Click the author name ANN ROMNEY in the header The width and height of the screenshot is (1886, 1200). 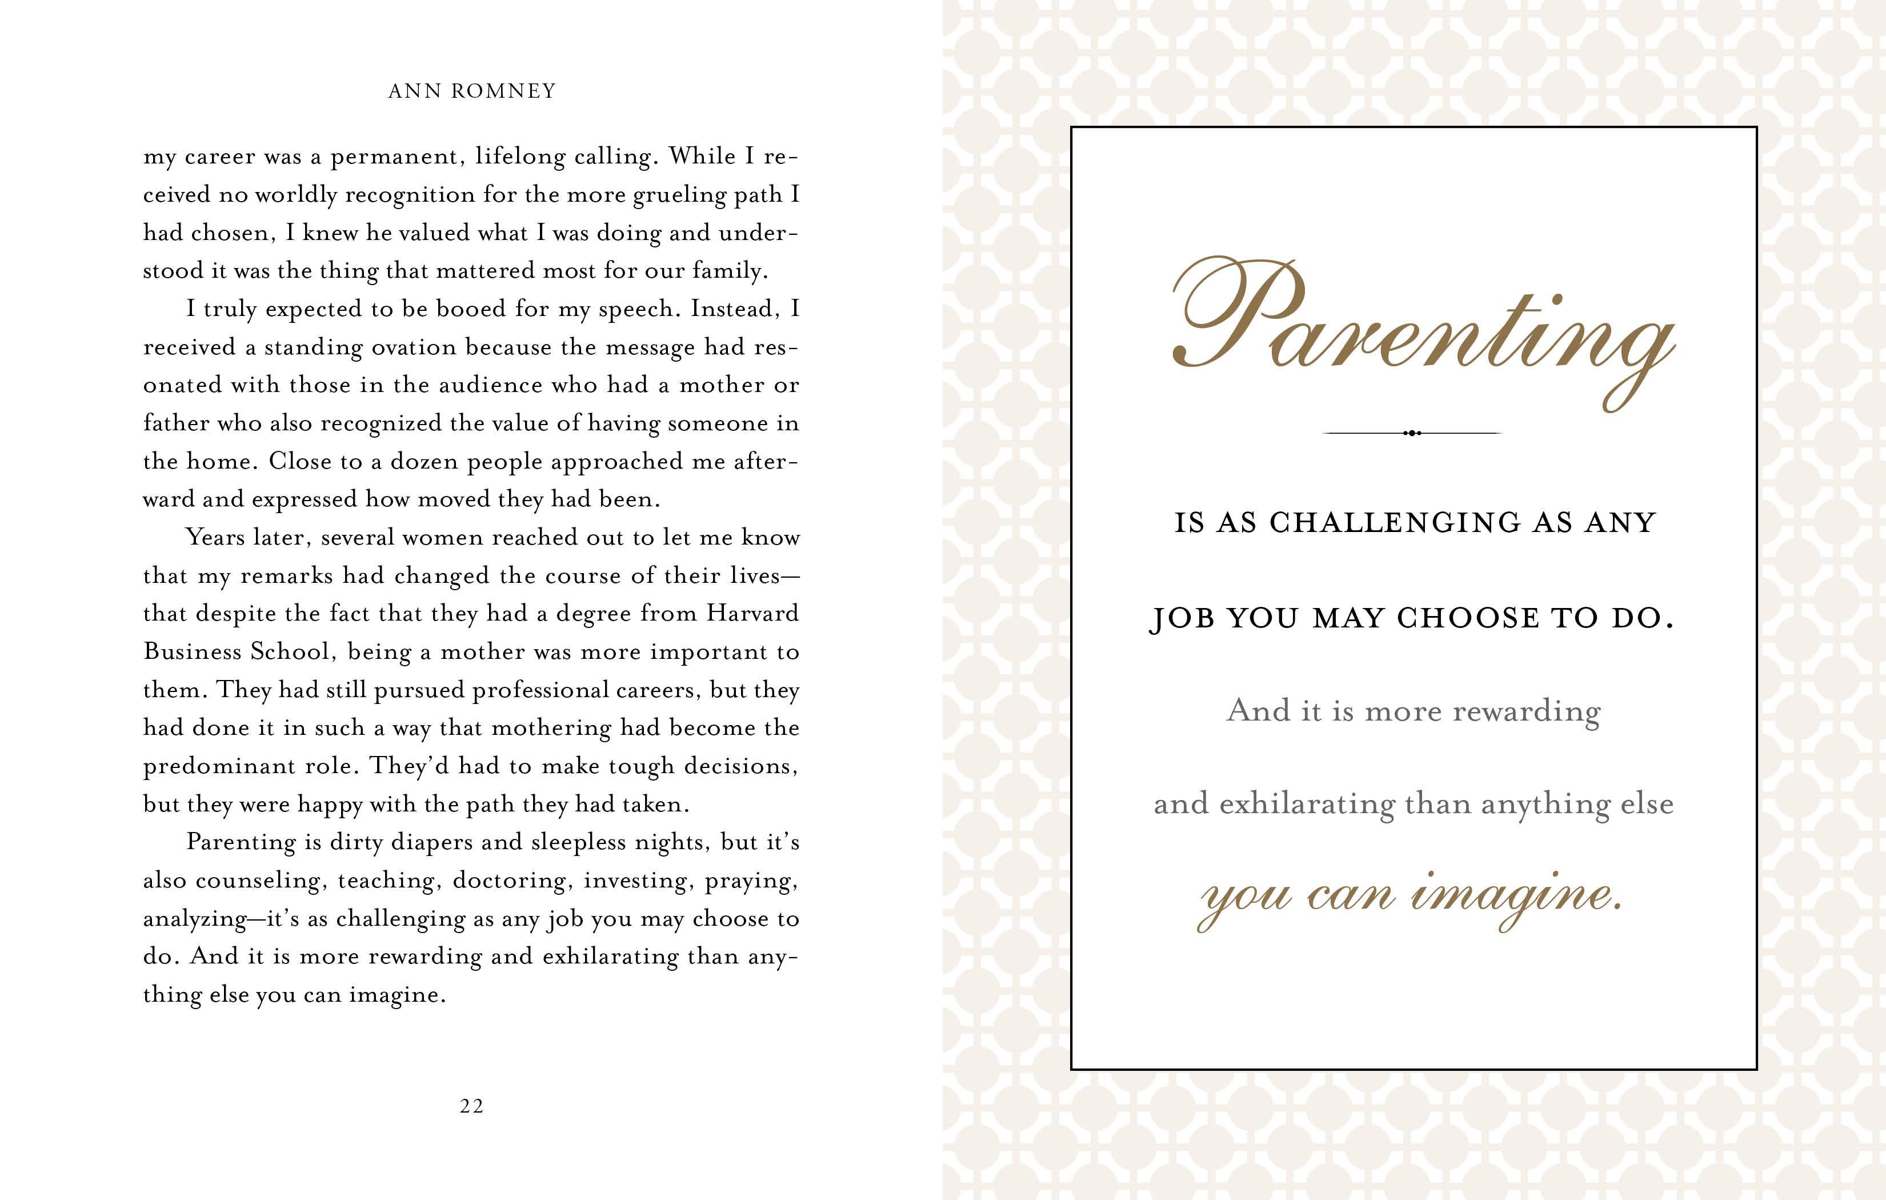coord(471,91)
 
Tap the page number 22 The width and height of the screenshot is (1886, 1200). coord(471,1106)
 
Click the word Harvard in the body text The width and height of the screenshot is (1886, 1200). coord(752,613)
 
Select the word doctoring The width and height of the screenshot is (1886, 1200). coord(514,881)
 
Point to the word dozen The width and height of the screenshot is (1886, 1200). coord(425,461)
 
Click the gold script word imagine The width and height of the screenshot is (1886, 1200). coord(1516,898)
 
